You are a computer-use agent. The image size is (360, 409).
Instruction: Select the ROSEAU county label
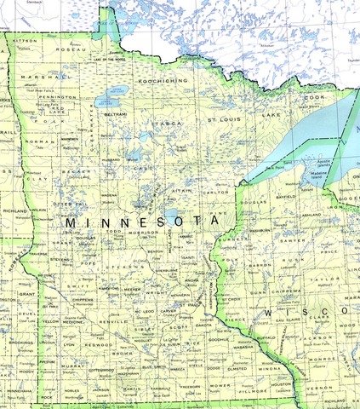pyautogui.click(x=68, y=50)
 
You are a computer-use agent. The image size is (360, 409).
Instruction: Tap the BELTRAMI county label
pyautogui.click(x=116, y=113)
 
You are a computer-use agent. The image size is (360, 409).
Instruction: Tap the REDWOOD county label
pyautogui.click(x=98, y=346)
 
